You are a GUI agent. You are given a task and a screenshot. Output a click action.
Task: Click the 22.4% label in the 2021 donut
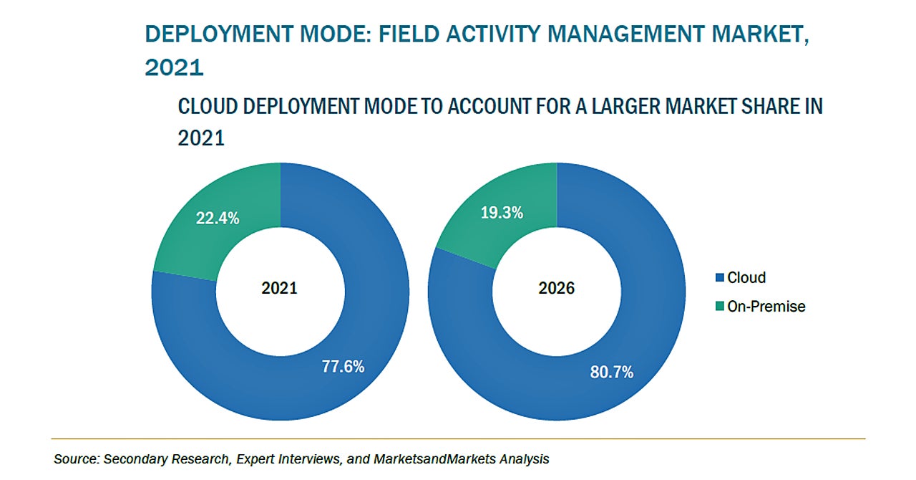tap(218, 219)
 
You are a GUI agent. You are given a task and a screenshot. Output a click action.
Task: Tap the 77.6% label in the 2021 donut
tap(343, 367)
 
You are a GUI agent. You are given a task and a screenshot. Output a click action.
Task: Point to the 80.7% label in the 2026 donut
tap(612, 372)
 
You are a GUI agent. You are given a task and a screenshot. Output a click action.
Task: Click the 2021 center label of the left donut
tap(279, 289)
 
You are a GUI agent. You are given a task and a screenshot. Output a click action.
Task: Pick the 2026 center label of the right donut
tap(556, 289)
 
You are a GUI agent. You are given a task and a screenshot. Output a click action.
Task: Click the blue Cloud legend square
tap(720, 278)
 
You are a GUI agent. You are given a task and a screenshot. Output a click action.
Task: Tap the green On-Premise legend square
tap(720, 307)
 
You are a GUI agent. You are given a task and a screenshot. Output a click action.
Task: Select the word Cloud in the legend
tap(746, 278)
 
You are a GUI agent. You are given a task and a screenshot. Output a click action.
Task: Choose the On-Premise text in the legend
tap(766, 307)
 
